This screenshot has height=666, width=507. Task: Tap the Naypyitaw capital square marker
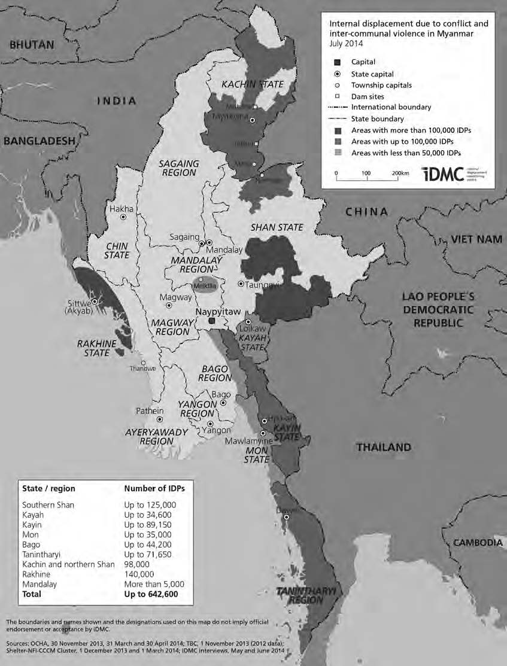(211, 321)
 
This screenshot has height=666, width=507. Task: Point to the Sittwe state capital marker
(93, 302)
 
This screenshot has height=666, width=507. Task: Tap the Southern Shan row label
(48, 505)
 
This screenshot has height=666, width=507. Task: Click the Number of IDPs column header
(154, 488)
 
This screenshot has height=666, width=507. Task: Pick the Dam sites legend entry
(368, 96)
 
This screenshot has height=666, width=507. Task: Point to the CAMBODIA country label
(476, 542)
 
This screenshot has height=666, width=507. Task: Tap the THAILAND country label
(383, 447)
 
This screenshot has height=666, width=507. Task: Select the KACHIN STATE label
(252, 84)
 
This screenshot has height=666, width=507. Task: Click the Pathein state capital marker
(159, 419)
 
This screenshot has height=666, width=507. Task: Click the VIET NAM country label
(476, 239)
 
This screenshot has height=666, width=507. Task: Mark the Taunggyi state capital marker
(241, 284)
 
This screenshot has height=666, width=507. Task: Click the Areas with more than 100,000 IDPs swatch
(338, 130)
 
